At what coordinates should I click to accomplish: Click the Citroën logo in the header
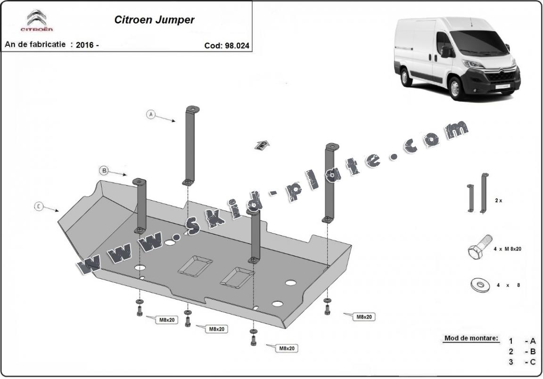coord(36,22)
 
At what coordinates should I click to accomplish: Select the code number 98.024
coord(238,46)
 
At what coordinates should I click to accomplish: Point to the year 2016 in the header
coord(84,45)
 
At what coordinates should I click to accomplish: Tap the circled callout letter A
coord(151,114)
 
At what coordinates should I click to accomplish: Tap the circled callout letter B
coord(104,170)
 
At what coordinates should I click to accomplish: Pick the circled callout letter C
coord(39,206)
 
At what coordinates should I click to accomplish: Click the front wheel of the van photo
coord(455,88)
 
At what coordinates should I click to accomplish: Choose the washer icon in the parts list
coord(479,284)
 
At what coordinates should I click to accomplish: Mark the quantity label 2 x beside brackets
coord(498,200)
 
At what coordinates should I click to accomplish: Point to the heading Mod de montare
coord(471,338)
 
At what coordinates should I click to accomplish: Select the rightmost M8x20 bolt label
coord(364,317)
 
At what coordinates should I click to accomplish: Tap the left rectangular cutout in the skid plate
coord(195,266)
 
